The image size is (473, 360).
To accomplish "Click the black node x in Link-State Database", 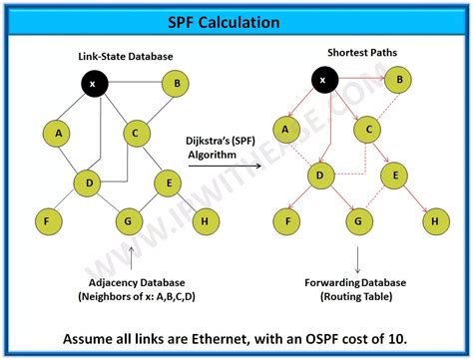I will click(x=93, y=84).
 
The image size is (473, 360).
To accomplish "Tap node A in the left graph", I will click(x=58, y=133).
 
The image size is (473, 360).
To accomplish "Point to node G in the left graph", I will click(x=127, y=219).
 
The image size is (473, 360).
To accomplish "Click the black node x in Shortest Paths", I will click(x=321, y=79).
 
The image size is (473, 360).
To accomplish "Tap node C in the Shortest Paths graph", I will click(x=367, y=128).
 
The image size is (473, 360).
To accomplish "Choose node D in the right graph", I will click(x=320, y=177).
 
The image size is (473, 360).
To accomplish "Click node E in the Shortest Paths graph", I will click(x=396, y=177).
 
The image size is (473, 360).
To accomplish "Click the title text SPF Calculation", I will click(x=236, y=20).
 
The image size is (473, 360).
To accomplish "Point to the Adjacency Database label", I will click(x=129, y=283).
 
